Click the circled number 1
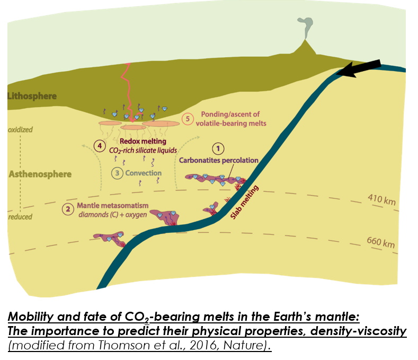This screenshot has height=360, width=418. coord(218,148)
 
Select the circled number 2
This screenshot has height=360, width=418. coord(67,209)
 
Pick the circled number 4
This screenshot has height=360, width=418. coord(99,145)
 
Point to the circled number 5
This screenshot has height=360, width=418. coord(186,119)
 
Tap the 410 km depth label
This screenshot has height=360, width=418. coord(382,200)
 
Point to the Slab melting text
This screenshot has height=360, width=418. coord(244,202)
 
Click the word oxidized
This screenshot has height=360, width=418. coord(20,130)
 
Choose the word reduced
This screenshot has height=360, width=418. coord(20,216)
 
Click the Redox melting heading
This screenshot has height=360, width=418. coord(143,142)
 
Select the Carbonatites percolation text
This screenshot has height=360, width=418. coord(218,160)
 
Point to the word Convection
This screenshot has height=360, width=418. coord(144,173)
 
